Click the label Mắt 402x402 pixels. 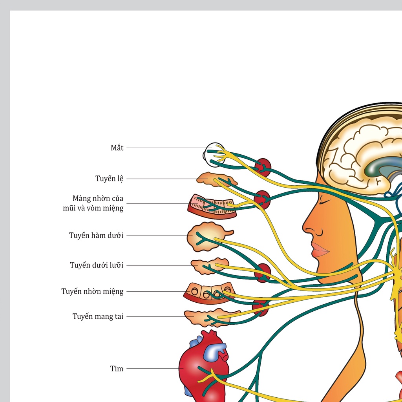pos(117,148)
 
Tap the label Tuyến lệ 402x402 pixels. pos(110,179)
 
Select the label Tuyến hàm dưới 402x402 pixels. pos(96,236)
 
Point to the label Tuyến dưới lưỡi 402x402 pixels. pos(97,265)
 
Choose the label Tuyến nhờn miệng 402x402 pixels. pos(92,291)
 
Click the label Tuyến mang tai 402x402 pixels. pos(98,316)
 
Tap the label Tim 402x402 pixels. pos(117,369)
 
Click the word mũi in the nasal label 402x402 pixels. pos(69,208)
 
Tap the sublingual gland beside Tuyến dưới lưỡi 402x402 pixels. pos(209,266)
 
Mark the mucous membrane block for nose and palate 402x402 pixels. pos(212,206)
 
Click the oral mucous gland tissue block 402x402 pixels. pos(209,293)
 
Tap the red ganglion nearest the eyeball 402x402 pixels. pos(263,167)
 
